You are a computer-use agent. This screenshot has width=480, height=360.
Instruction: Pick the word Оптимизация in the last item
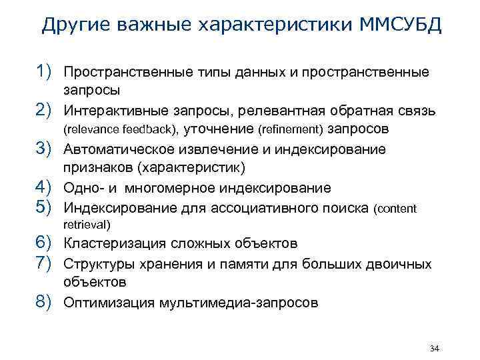[x=107, y=303]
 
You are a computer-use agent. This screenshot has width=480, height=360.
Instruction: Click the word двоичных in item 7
[x=401, y=264]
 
